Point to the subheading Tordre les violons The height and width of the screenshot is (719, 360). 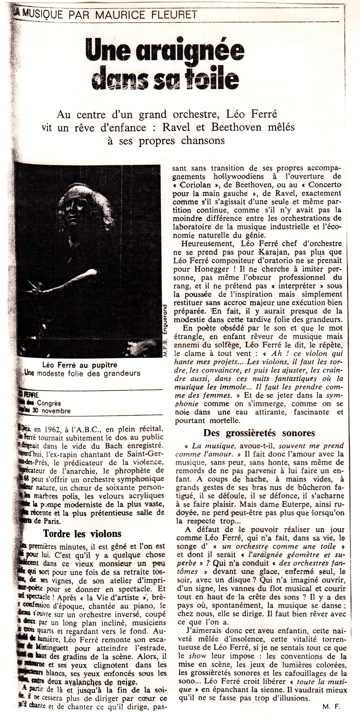(82, 533)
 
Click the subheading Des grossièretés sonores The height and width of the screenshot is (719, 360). (259, 433)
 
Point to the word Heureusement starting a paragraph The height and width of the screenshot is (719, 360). (208, 244)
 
